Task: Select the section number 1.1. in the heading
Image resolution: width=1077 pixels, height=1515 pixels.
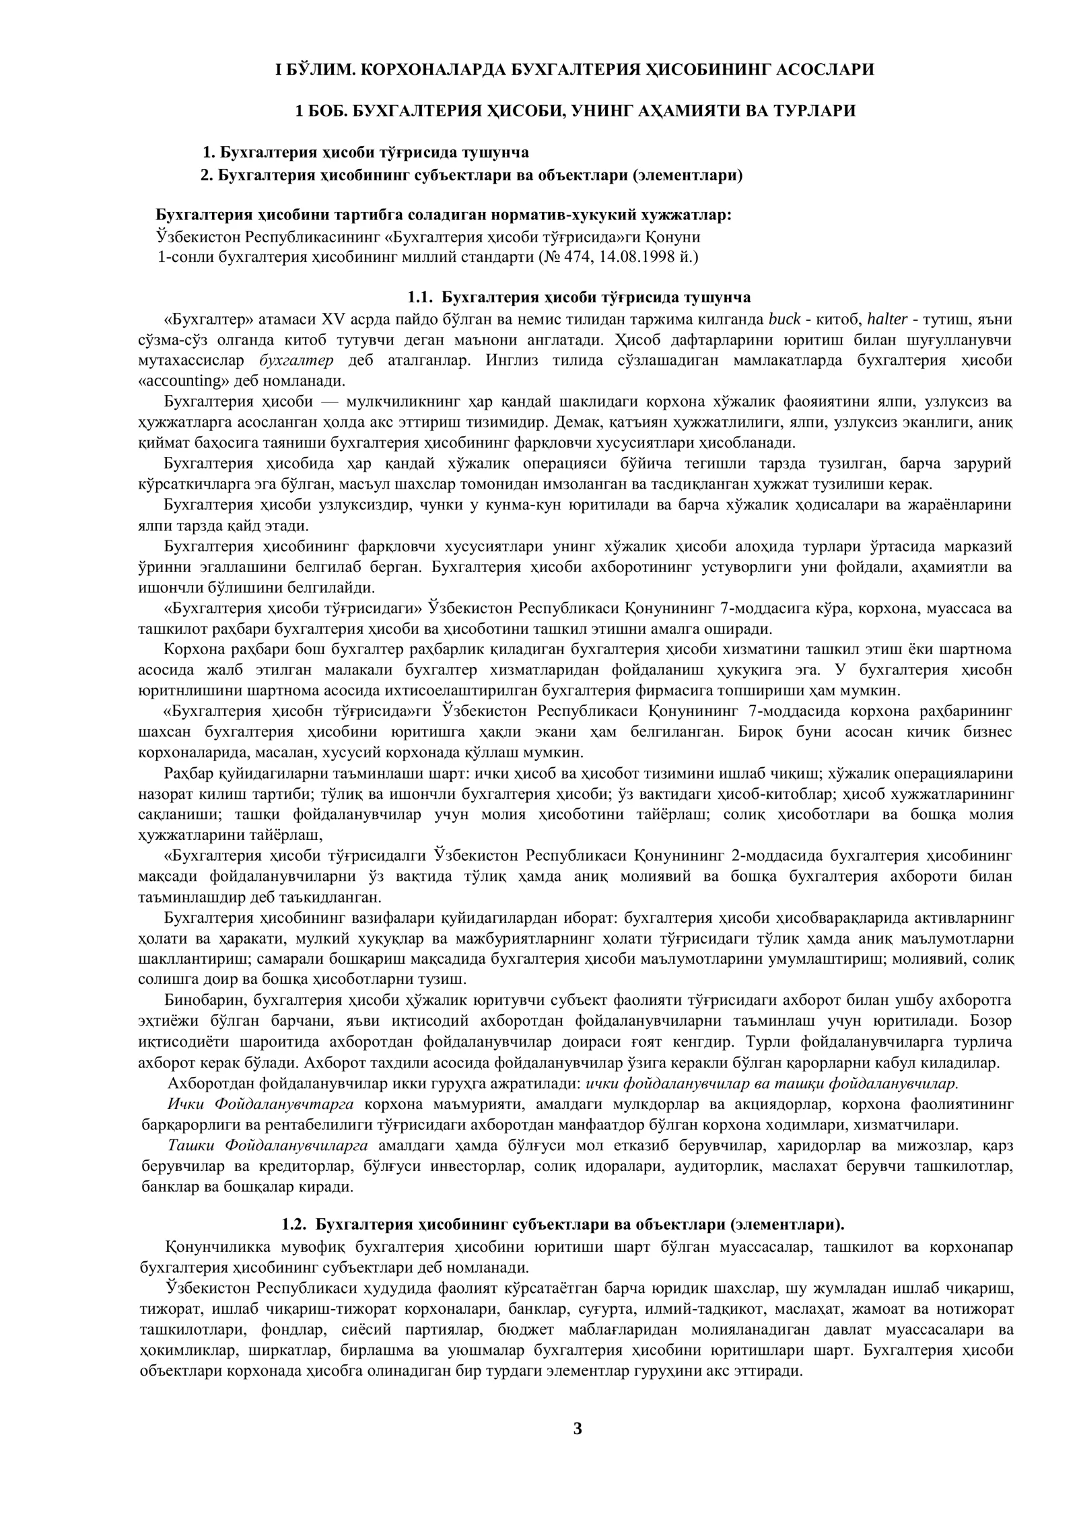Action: point(421,297)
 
